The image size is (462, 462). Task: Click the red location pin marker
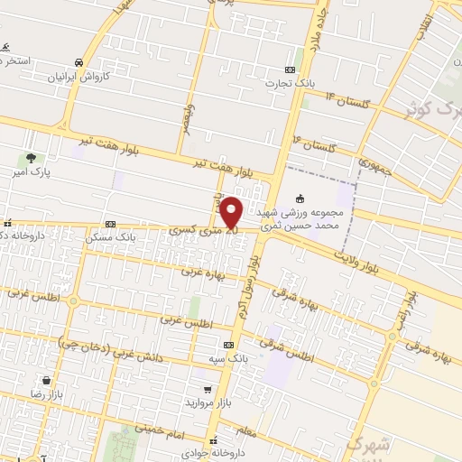tap(231, 213)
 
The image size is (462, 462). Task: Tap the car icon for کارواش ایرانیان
tap(79, 62)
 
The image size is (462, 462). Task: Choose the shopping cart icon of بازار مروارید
tap(208, 389)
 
